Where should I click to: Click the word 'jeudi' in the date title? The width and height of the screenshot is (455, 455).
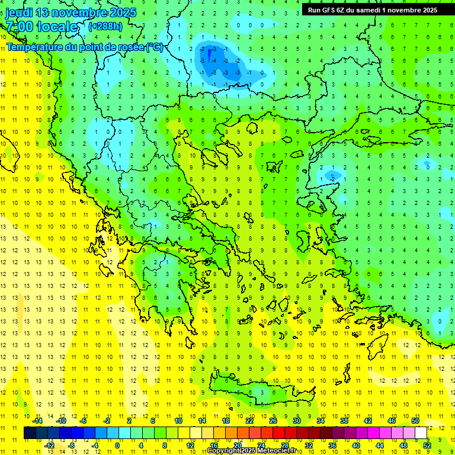coord(19,12)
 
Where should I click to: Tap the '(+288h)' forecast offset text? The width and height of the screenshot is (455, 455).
coord(105,26)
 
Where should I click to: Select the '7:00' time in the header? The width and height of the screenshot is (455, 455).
coord(19,27)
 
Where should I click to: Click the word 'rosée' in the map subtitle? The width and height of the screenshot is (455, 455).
coord(127,47)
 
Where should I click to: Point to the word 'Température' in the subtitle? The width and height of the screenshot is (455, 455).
coord(35,47)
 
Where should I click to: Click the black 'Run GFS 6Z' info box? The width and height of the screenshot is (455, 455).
coord(373,9)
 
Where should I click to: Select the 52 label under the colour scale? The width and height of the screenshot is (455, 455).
coord(427,445)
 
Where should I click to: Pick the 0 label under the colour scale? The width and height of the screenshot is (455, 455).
coord(117,445)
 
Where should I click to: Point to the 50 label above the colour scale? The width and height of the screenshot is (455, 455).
coord(415,421)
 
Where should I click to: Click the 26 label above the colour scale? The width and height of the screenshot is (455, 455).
coord(273,421)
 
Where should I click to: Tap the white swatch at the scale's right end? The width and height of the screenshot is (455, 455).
coord(421,433)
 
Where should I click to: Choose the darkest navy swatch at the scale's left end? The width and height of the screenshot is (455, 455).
coord(30,433)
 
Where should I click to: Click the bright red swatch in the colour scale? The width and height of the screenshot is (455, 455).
coord(279,433)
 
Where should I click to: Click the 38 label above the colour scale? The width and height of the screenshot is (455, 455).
coord(344,421)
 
